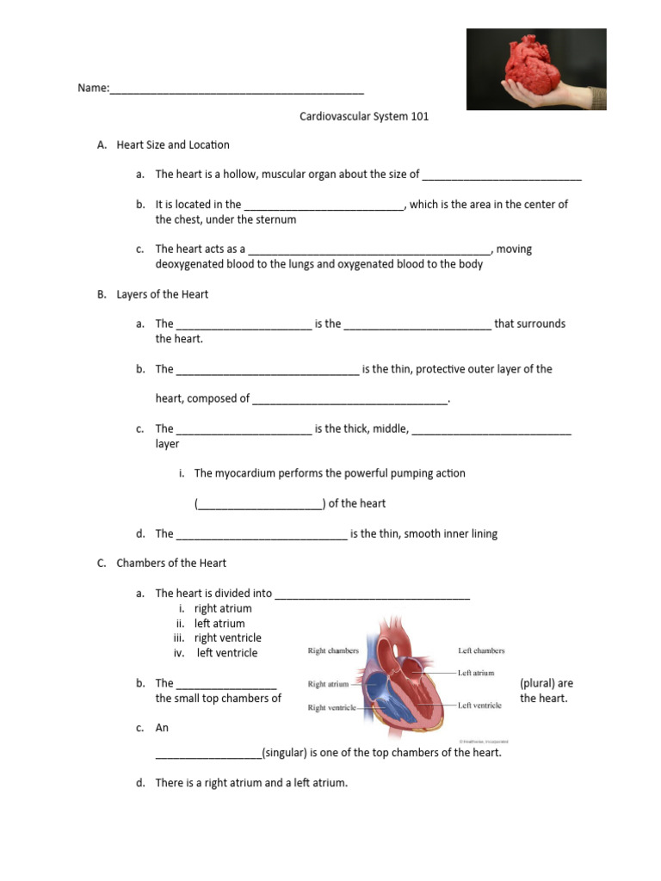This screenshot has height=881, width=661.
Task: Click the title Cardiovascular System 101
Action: point(363,116)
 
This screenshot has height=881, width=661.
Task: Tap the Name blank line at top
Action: point(237,89)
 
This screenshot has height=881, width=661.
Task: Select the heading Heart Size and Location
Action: point(173,145)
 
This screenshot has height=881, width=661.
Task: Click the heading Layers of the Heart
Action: point(163,294)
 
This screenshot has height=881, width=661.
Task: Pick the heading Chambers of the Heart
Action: point(171,563)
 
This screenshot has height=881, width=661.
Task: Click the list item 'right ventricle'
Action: point(228,638)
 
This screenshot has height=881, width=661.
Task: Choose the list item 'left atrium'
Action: point(219,623)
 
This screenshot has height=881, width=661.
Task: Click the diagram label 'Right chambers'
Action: point(333,651)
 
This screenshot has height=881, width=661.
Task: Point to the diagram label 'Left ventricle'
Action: point(479,705)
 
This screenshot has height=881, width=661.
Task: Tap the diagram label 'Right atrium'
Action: point(328,685)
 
